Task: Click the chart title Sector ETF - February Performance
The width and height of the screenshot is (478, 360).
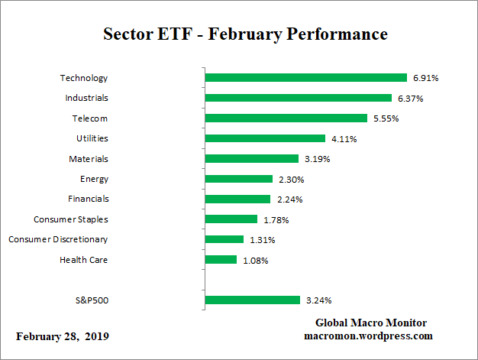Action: (245, 34)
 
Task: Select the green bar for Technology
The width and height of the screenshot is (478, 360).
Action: (305, 78)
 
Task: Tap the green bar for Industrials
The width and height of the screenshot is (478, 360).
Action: (298, 98)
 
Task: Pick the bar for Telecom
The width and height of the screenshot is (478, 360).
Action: (286, 118)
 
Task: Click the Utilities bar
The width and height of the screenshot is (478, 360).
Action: (265, 138)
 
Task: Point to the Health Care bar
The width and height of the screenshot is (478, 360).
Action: (221, 260)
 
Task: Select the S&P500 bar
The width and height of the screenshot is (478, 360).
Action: (253, 300)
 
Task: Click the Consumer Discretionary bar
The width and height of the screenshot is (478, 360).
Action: (224, 239)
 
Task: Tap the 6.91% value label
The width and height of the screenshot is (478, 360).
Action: (426, 78)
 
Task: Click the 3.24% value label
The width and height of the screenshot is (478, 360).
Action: (319, 300)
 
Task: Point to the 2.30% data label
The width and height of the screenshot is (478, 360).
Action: (292, 179)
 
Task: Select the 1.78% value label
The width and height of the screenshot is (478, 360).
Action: (276, 219)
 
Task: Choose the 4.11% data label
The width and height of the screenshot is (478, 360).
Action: (344, 138)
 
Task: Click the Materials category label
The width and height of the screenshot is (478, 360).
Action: (89, 159)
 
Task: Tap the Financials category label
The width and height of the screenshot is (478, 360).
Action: (89, 199)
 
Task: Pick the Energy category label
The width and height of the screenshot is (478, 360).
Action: (94, 179)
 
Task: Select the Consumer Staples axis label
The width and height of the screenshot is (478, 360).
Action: (71, 219)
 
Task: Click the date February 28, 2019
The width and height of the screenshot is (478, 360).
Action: (63, 337)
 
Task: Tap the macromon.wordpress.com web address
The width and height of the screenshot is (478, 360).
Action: (369, 336)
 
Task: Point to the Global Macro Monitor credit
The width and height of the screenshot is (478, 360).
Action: (371, 323)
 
